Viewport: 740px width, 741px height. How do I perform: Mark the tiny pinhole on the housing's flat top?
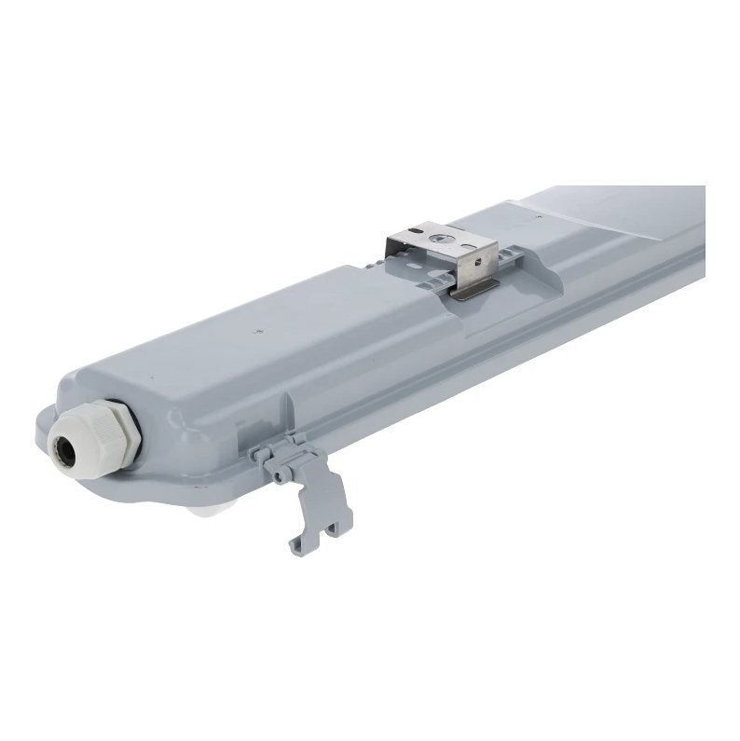pyautogui.click(x=255, y=329)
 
